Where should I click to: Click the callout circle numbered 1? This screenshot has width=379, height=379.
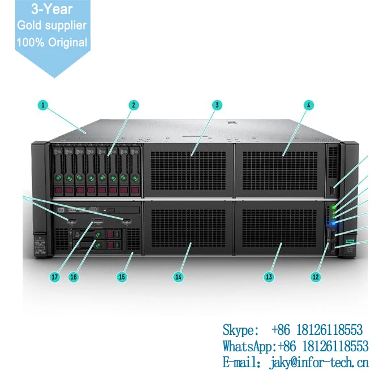tap(43, 105)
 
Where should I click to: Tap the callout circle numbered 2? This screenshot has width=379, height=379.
tap(133, 105)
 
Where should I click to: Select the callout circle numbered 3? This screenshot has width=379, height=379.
tap(217, 105)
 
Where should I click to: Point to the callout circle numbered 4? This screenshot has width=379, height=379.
tap(308, 105)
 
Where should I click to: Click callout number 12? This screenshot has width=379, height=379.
tap(316, 277)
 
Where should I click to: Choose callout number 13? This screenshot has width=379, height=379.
tap(269, 277)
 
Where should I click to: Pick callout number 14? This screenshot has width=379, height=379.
tap(178, 277)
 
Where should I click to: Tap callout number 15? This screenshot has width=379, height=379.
tap(122, 277)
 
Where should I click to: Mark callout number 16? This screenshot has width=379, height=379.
tap(73, 277)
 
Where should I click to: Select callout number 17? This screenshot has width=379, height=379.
tap(55, 277)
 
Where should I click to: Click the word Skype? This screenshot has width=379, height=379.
tap(238, 330)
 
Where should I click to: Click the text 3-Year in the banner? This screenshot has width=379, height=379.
tap(52, 10)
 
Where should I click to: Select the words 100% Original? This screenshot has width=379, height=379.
tap(52, 42)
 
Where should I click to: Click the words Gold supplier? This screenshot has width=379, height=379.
tap(52, 25)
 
